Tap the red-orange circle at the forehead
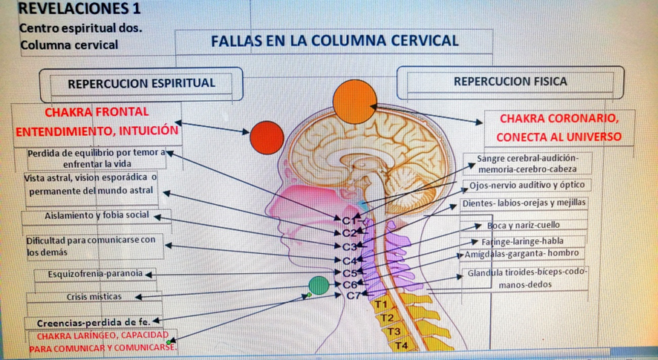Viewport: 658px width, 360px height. tap(267, 137)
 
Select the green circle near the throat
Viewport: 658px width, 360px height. tap(318, 285)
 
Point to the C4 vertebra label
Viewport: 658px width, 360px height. tap(351, 260)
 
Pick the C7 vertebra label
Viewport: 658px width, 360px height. tap(354, 295)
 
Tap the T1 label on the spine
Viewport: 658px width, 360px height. tap(381, 304)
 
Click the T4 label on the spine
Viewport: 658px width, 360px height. tap(400, 345)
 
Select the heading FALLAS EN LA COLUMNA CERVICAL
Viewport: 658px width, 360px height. tap(334, 41)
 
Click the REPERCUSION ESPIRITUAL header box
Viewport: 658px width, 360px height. tap(141, 83)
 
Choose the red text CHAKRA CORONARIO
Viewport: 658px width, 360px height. tap(558, 119)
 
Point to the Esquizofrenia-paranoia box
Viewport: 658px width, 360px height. tap(95, 274)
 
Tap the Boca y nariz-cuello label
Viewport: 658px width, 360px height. tap(523, 225)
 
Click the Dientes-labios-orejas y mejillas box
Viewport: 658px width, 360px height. tap(524, 203)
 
